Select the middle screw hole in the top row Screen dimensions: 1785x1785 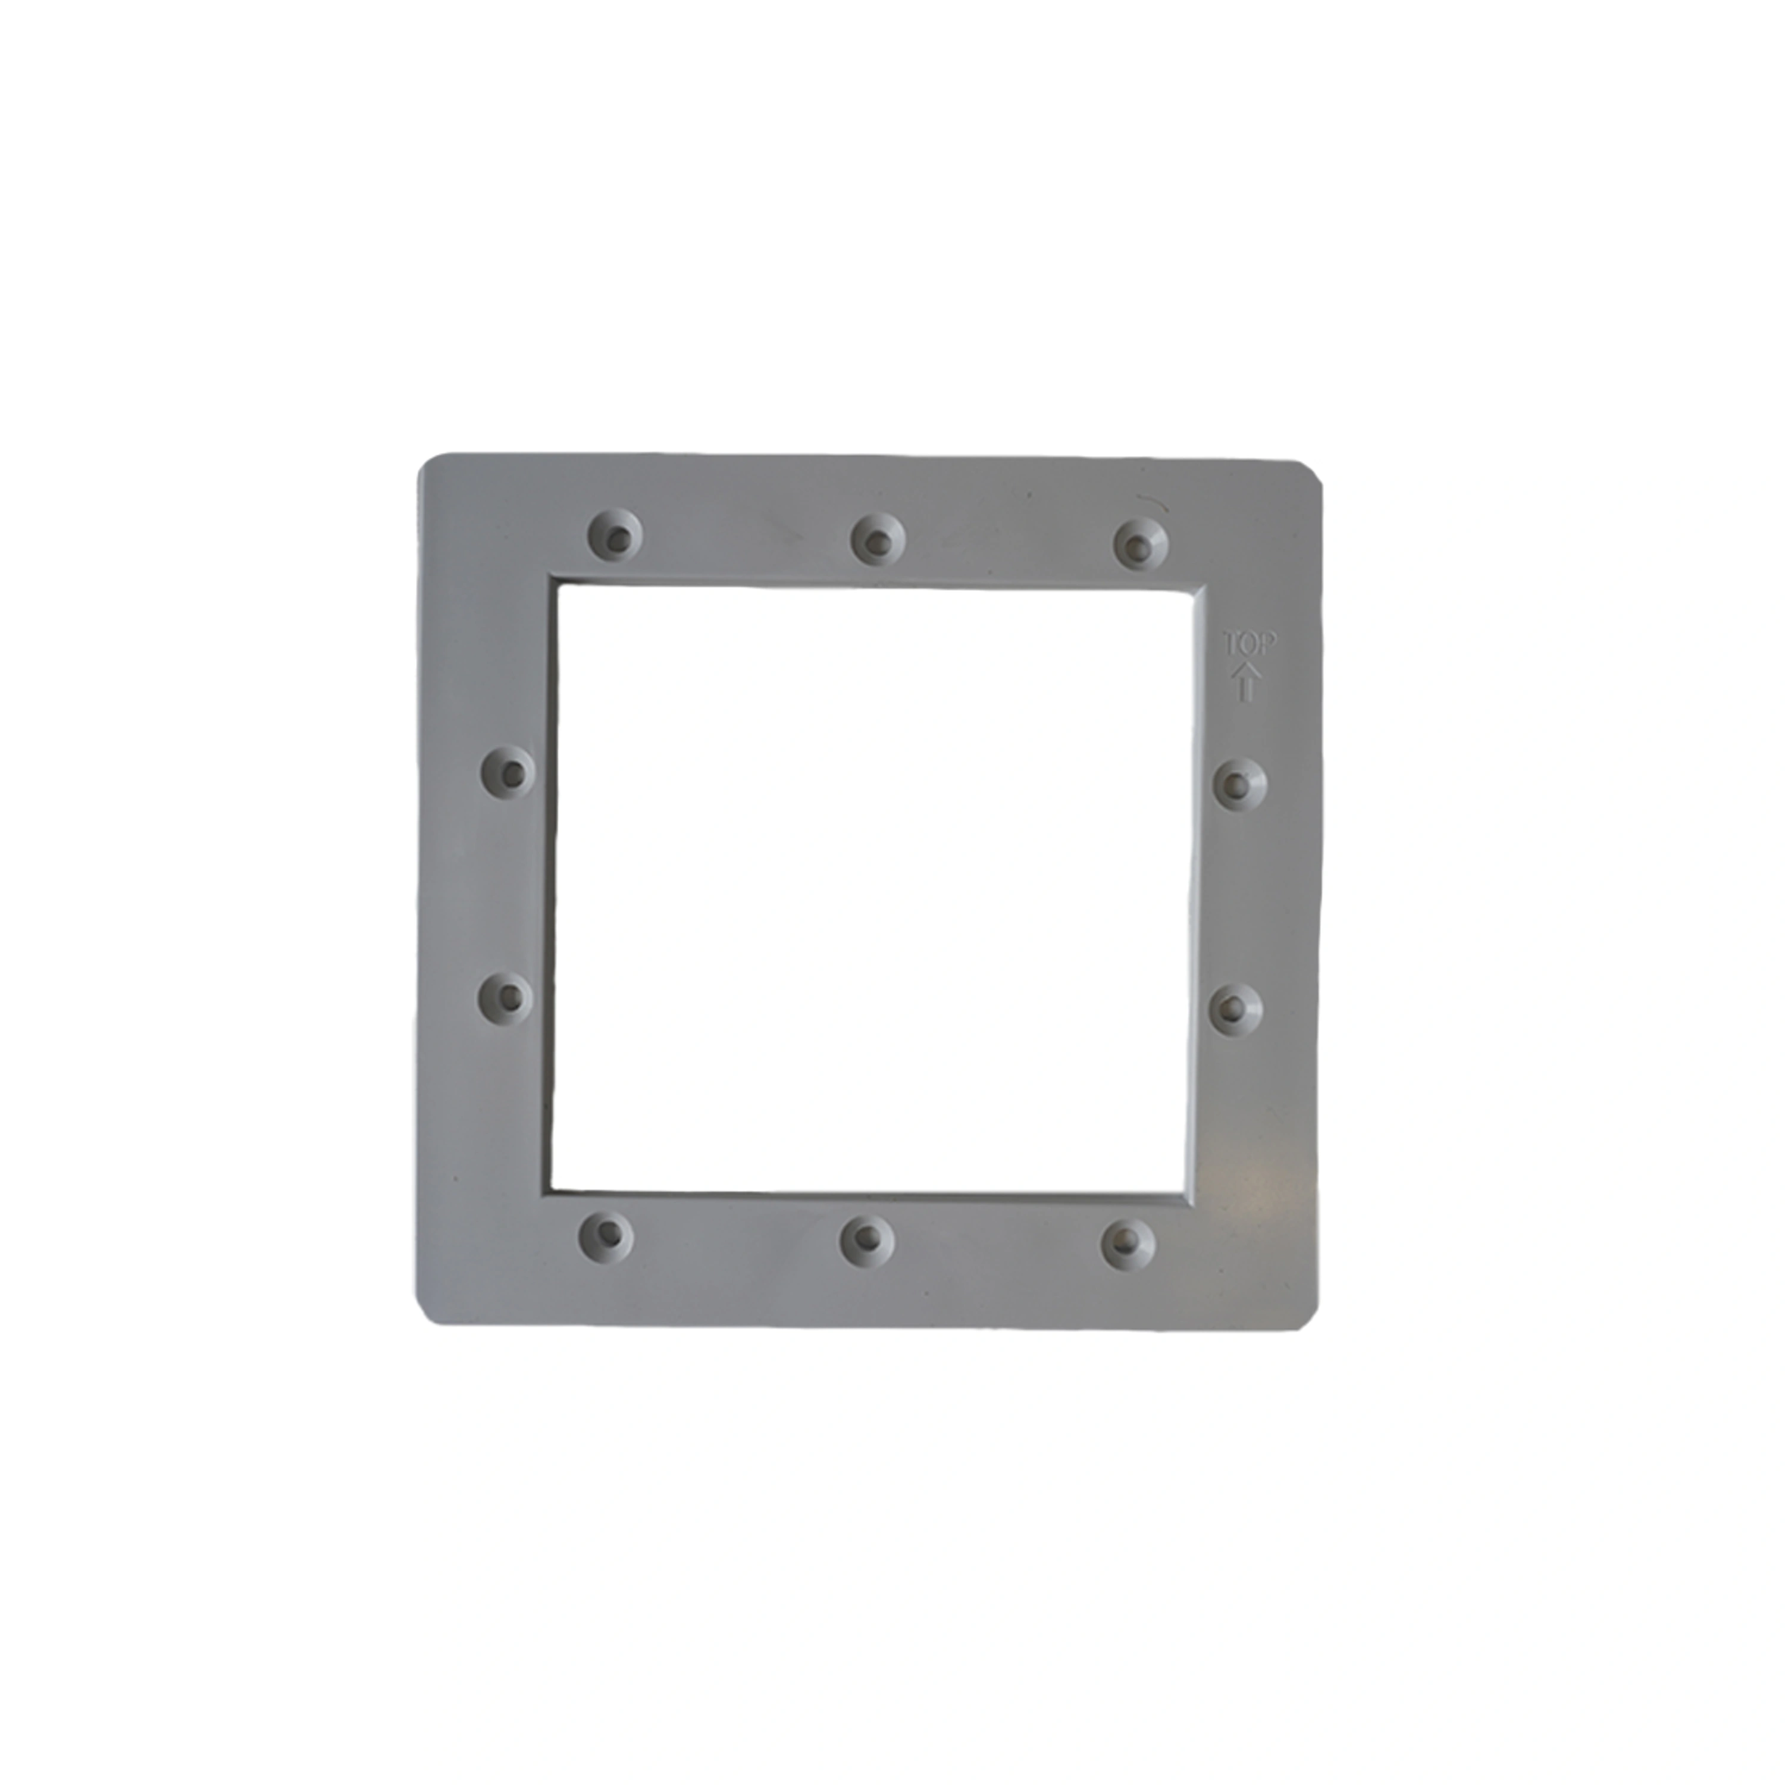pos(878,536)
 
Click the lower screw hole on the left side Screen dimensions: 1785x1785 pos(505,995)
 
